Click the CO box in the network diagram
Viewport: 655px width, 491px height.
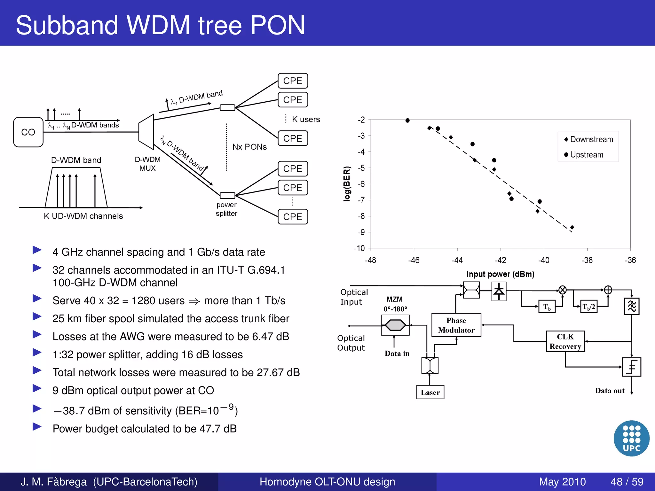[x=28, y=132]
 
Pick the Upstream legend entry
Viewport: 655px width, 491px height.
[x=584, y=155]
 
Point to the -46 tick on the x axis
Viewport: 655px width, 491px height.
[x=414, y=260]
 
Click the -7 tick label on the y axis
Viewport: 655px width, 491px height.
[x=361, y=200]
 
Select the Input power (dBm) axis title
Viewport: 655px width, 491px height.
[x=500, y=274]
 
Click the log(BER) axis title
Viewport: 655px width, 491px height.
[x=347, y=184]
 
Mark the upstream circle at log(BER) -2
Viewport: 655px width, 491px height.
[x=407, y=121]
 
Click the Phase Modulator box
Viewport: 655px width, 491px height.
[x=456, y=325]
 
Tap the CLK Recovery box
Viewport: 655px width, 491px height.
[x=565, y=341]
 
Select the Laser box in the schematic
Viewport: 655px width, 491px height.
[x=430, y=392]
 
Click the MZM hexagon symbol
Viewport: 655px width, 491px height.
[x=395, y=325]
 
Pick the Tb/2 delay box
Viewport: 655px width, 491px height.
[x=588, y=307]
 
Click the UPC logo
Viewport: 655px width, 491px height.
[x=631, y=438]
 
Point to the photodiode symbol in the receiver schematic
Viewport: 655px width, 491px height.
[x=499, y=291]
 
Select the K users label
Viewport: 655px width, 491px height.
[x=306, y=119]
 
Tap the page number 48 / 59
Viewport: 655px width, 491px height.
[x=627, y=481]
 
